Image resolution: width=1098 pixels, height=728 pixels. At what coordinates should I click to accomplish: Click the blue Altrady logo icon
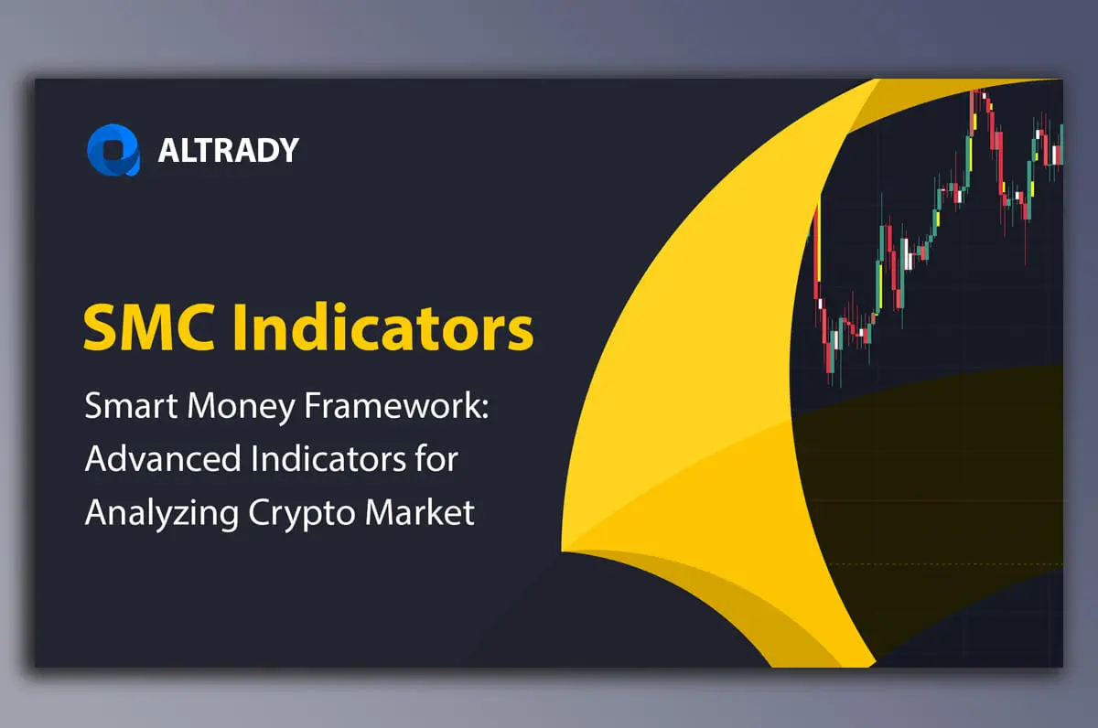coord(113,149)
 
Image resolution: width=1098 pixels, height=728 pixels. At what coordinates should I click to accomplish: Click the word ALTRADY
coord(229,150)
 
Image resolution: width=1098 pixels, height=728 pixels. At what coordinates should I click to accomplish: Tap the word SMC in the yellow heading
coord(149,327)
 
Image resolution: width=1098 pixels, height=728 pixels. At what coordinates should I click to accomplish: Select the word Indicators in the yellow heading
coord(383,327)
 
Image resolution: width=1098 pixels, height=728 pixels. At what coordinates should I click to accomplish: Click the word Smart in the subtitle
coord(131,406)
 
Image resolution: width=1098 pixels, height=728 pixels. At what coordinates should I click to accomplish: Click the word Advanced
coord(163,458)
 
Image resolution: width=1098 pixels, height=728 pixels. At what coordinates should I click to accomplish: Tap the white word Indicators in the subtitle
coord(328,458)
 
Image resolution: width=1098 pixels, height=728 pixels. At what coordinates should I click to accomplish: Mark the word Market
coord(420,511)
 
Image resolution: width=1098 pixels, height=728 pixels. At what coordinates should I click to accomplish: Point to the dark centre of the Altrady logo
coord(114,150)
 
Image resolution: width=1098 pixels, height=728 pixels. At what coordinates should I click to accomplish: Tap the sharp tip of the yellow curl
coord(563,551)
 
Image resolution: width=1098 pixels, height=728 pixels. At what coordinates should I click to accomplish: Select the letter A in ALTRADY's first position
coord(169,150)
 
